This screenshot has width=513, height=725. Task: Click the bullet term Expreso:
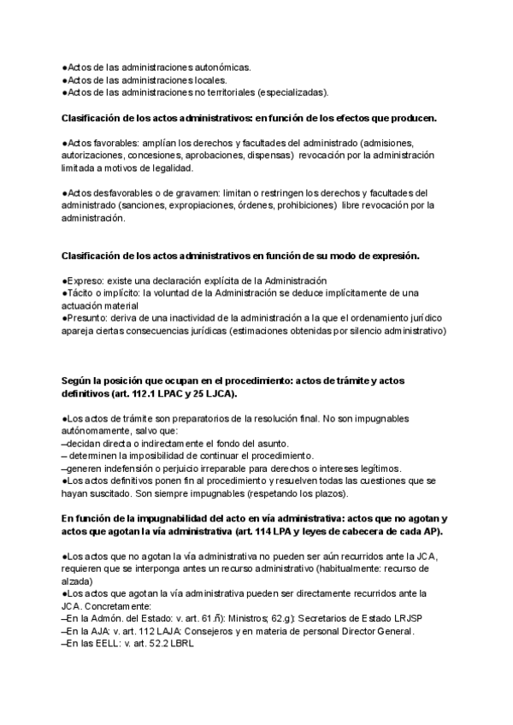coord(85,281)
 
